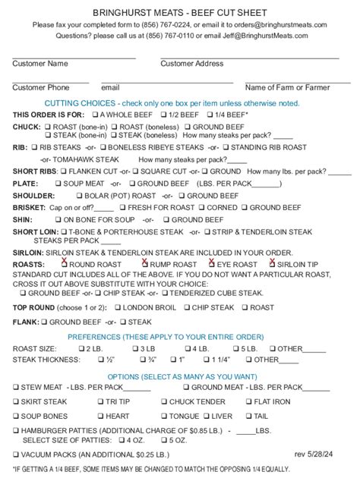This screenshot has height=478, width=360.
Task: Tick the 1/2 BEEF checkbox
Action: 163,114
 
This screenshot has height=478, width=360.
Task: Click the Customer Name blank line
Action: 74,57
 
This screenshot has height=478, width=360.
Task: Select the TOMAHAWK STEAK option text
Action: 92,159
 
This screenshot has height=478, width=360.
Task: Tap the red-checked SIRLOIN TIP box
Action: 271,264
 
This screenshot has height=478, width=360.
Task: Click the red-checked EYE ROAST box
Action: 210,264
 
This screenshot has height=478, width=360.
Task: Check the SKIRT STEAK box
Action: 16,401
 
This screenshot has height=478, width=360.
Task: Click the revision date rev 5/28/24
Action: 314,454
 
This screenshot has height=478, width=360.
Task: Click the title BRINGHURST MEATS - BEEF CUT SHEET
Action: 179,13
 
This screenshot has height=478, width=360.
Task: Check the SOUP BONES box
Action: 16,416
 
